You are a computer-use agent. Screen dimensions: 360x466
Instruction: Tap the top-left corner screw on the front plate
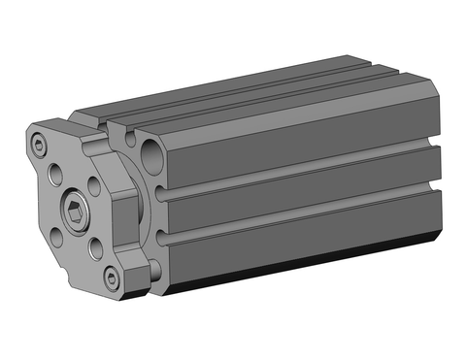point(38,147)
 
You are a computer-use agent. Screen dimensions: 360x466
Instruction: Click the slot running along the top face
point(243,98)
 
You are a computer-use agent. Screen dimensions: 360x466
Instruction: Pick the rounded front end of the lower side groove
point(160,244)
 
